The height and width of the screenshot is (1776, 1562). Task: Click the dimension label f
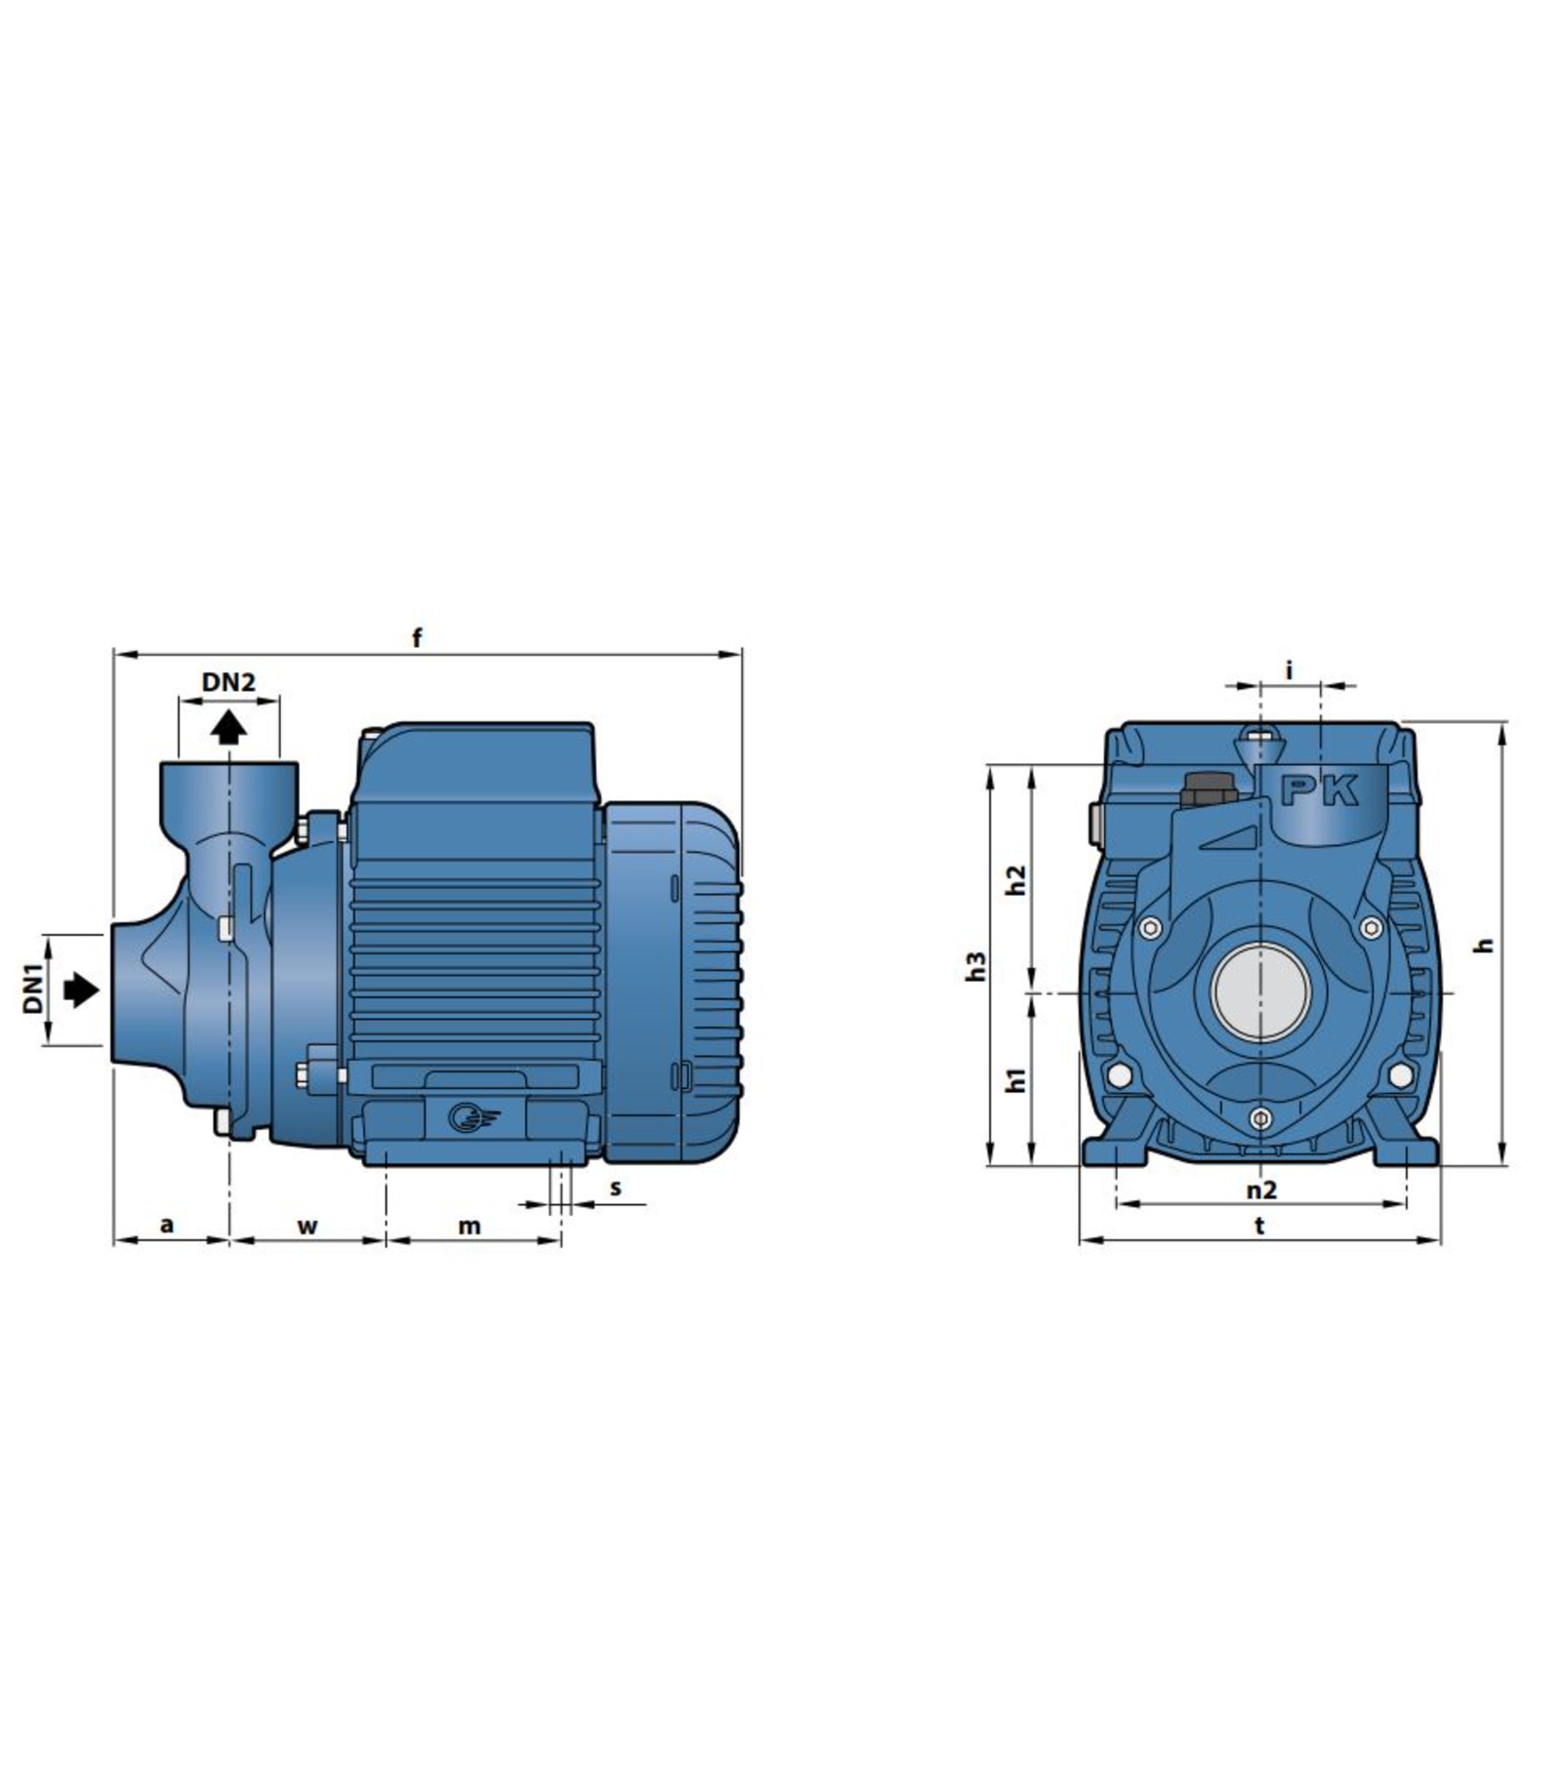tap(418, 638)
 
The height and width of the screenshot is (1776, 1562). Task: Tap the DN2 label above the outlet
tap(228, 682)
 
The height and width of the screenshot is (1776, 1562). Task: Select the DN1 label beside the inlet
tap(34, 989)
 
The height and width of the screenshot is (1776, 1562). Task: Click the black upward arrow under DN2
tap(228, 727)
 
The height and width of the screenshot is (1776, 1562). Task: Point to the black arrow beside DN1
tap(81, 990)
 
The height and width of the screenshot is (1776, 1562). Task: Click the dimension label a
tap(167, 1224)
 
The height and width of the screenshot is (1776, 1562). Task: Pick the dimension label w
tap(308, 1226)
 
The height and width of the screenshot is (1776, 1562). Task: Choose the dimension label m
tap(470, 1226)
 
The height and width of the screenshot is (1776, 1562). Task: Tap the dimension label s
tap(615, 1188)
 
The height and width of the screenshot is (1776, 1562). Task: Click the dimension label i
tap(1289, 670)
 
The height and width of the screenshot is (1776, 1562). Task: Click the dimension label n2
tap(1261, 1190)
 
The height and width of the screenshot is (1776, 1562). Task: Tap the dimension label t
tap(1259, 1226)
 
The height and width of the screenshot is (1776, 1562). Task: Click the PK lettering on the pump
tap(1320, 790)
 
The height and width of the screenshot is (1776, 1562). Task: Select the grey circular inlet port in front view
tap(1260, 992)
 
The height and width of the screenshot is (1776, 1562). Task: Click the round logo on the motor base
tap(463, 1116)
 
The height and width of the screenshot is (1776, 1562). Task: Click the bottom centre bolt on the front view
tap(1260, 1118)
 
